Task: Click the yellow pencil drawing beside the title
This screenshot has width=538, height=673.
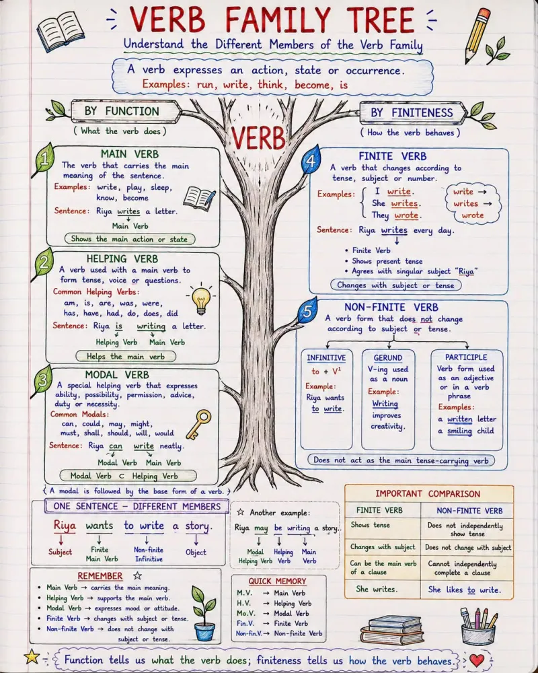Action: pos(477,35)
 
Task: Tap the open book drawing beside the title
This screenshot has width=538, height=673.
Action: pos(61,30)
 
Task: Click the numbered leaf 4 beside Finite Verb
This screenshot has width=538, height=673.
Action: pos(311,160)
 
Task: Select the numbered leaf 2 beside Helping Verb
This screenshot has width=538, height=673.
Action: pos(44,262)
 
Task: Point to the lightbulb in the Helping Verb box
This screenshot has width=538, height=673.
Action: pos(201,298)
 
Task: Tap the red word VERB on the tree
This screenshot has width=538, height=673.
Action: pos(258,138)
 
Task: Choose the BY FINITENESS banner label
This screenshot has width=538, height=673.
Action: pos(412,113)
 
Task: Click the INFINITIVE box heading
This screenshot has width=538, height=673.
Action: pos(326,357)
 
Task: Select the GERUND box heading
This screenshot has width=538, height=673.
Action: pos(388,358)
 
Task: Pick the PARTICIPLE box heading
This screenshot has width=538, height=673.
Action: pos(466,357)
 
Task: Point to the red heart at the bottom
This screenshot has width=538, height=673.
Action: pos(477,660)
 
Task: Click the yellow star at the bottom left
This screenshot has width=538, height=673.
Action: pos(32,656)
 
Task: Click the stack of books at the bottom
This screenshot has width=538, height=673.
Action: pos(391,630)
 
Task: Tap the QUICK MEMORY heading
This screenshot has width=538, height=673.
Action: pos(277,581)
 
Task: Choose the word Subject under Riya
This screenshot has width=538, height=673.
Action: pos(60,552)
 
